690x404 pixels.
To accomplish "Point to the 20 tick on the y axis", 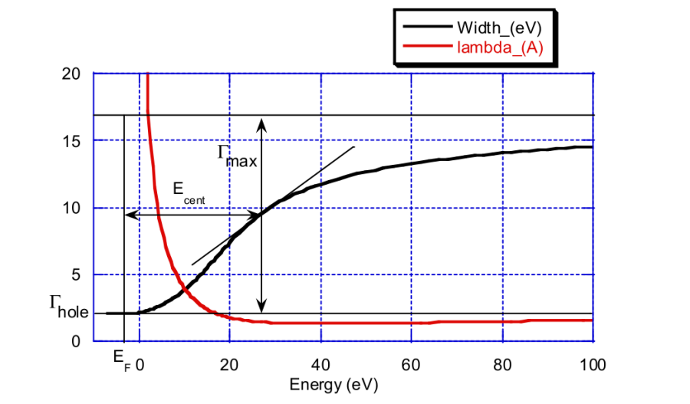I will coord(71,74).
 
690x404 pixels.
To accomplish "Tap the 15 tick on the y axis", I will coord(71,141).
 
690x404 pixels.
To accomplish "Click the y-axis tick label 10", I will coord(71,208).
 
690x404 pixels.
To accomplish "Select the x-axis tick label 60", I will coord(411,363).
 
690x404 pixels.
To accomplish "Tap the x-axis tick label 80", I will coord(501,363).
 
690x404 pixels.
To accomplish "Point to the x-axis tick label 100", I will coord(592,363).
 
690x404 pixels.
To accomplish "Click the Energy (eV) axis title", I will coord(333,383).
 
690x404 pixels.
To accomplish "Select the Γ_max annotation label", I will coord(237,156).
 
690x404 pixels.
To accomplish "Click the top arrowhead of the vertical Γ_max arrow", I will coord(261,122).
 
